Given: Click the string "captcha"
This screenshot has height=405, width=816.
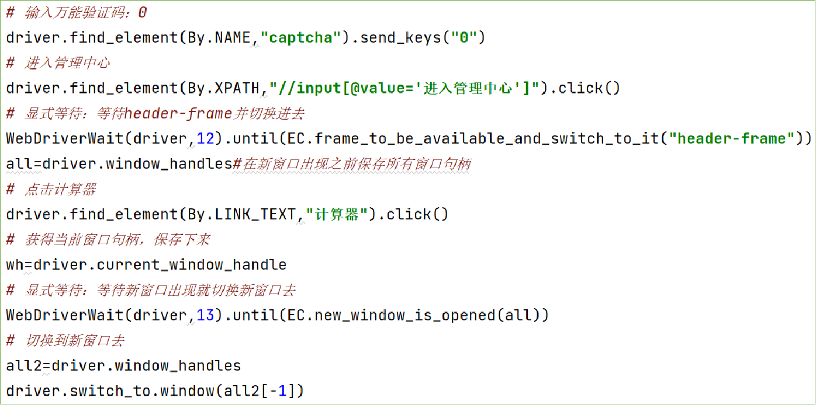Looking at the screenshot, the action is tap(300, 38).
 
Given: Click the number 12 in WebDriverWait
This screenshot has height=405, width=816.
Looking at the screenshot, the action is tap(206, 139).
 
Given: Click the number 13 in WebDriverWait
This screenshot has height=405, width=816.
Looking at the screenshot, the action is tap(206, 316).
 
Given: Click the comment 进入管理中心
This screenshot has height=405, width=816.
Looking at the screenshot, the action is tap(67, 63).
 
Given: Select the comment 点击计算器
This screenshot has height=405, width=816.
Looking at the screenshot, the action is tap(60, 189).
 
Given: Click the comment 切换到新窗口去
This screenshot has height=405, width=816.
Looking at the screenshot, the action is tap(74, 341).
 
